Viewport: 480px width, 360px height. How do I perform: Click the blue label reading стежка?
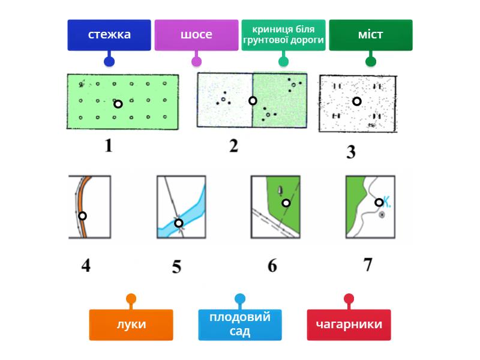109,35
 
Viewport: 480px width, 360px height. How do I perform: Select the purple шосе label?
196,35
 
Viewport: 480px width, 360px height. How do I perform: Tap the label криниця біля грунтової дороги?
283,35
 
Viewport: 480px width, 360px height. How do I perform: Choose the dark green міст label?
371,35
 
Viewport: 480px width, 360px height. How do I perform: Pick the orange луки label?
131,325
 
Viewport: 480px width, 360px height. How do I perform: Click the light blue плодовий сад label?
240,325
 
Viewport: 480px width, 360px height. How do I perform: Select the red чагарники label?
349,325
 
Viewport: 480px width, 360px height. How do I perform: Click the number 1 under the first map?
108,146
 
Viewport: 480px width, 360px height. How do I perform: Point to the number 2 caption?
233,146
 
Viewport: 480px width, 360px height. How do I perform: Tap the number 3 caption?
351,152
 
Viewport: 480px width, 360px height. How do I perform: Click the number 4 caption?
86,265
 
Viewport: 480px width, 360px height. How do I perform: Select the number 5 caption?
176,266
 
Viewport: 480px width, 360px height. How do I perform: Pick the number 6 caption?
272,265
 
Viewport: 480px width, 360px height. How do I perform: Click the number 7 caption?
368,264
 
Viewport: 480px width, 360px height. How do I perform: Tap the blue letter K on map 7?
387,202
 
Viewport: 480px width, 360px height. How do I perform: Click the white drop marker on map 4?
83,216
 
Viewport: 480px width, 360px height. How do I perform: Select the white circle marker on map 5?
179,223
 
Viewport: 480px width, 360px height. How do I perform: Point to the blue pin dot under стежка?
109,61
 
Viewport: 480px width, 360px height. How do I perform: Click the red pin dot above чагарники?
349,298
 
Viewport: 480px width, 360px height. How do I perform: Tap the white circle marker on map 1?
118,104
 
